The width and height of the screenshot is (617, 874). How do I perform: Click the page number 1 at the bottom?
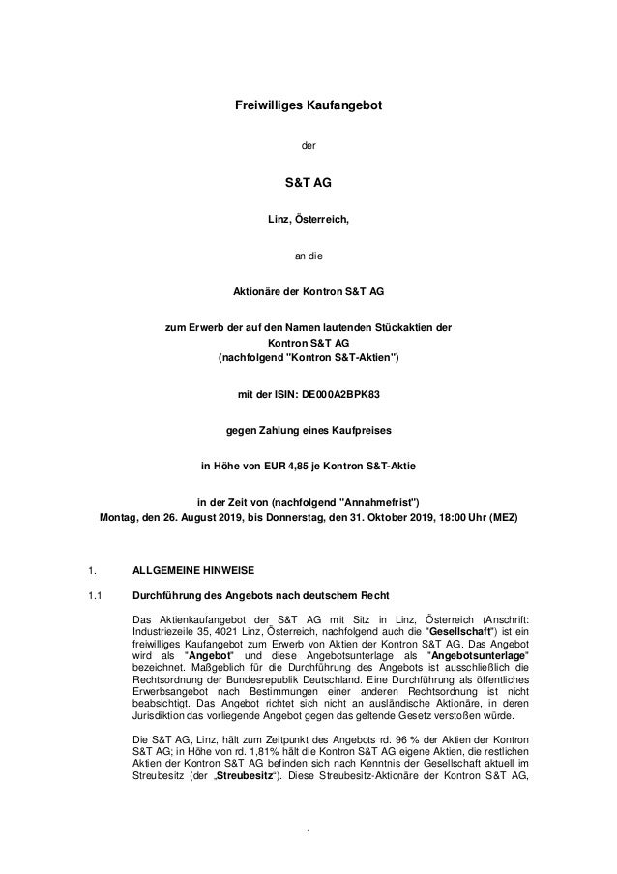click(x=308, y=832)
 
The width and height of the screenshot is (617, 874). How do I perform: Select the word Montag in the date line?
click(x=122, y=518)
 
